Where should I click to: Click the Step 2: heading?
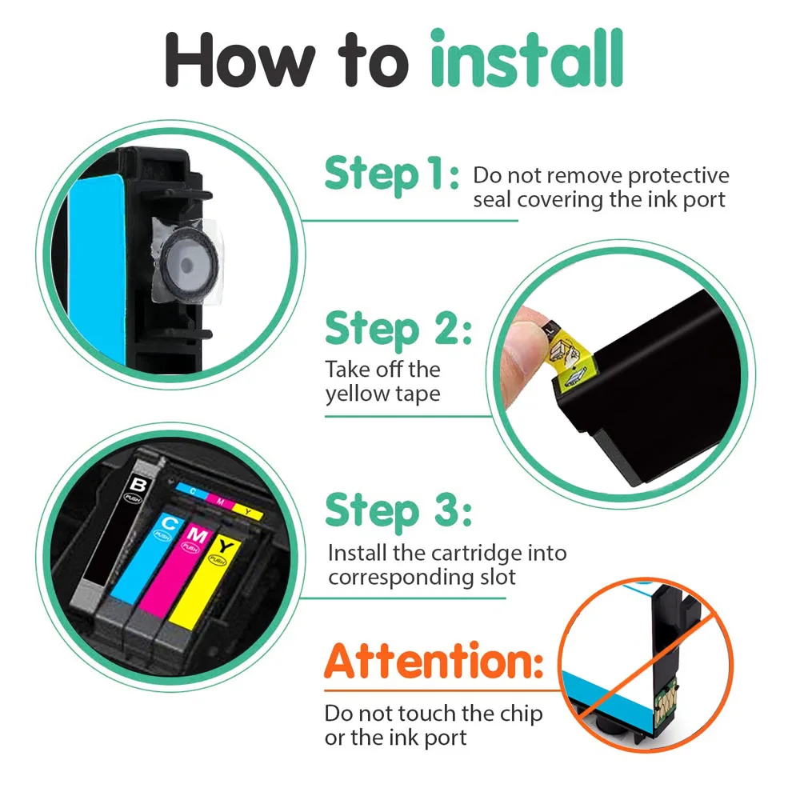[398, 330]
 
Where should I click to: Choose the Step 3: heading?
[398, 510]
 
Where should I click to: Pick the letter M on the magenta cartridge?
[198, 531]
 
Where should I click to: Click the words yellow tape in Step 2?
[382, 394]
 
